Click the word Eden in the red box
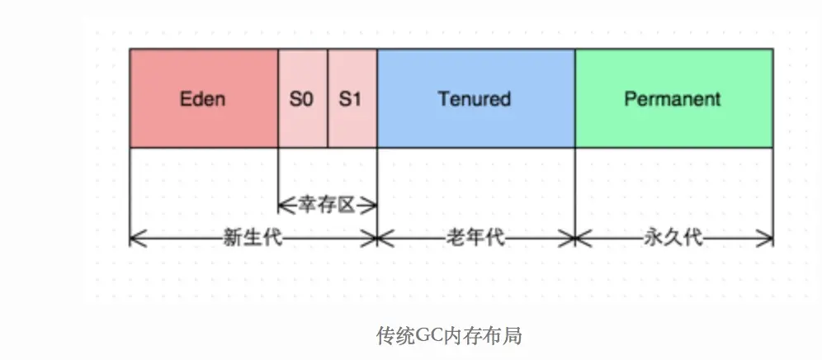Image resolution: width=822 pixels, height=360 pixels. coord(203,99)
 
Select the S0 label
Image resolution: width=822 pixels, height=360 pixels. coord(302,99)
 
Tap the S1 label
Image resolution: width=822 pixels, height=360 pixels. coord(352,99)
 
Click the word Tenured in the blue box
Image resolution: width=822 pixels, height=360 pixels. coord(475,99)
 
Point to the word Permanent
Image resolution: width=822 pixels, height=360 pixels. coord(673,99)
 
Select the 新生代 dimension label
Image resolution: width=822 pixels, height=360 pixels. coord(253,239)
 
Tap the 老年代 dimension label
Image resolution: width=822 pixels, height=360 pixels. coord(475,239)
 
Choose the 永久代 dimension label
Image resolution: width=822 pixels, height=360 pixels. coord(673,239)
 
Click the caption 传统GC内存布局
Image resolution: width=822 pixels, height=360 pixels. coord(450,336)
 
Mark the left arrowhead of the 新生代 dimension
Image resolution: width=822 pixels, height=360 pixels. coord(134,239)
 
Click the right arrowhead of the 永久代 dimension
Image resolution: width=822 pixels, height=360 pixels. coord(769,239)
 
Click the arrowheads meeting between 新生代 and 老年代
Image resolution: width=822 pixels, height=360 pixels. coord(377,239)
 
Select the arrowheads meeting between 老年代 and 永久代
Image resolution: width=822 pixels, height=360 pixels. coord(575,239)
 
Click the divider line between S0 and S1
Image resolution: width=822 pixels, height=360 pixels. coord(328,99)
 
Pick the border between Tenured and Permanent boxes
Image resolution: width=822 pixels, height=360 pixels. coord(575,99)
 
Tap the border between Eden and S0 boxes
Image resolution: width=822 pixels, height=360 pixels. coord(278,99)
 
